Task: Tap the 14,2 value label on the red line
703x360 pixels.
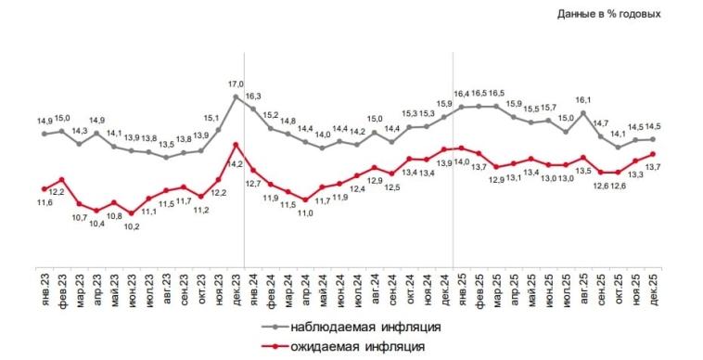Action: [235, 164]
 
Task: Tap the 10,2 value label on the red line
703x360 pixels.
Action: [132, 226]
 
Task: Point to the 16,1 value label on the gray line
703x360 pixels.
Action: [583, 99]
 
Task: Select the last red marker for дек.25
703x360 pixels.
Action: [654, 154]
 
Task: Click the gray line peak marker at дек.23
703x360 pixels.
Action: [236, 96]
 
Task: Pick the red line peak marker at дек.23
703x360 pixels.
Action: [236, 144]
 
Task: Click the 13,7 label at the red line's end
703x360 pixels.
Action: [652, 167]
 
